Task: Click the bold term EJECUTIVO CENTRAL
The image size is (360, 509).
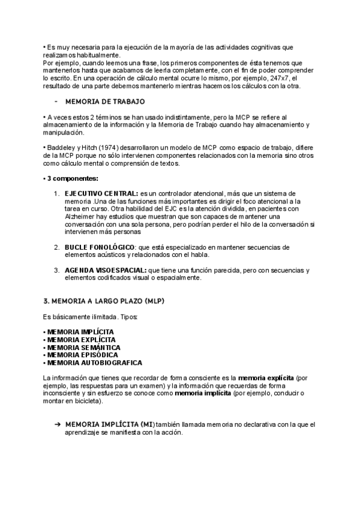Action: point(101,193)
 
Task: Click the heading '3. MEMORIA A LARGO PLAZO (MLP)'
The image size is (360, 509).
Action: point(104,300)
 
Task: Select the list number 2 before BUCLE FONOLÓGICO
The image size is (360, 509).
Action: point(56,247)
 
